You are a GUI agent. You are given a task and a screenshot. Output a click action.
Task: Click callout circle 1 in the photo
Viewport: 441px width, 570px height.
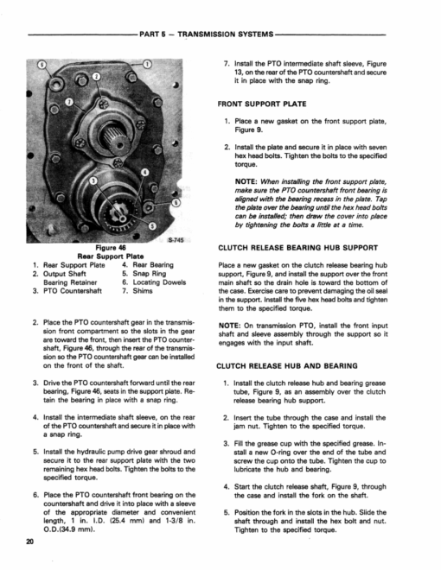(x=147, y=65)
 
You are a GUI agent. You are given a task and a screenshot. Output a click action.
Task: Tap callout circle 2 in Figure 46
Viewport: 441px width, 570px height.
(x=96, y=76)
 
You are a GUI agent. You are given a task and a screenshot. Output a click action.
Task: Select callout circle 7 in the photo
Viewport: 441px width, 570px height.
(x=69, y=102)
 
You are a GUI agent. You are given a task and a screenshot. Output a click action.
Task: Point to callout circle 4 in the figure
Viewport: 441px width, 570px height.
(x=144, y=172)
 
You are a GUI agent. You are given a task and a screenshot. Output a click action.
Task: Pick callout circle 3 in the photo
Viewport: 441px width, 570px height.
(x=93, y=180)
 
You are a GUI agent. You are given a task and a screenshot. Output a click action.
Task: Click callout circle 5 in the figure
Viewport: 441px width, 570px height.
(x=152, y=226)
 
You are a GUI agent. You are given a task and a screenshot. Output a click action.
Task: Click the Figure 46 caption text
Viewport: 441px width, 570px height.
(x=111, y=248)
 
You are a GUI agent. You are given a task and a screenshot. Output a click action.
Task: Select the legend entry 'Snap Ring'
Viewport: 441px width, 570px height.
(x=150, y=274)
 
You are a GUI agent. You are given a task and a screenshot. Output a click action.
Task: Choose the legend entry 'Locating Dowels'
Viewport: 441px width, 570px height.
(x=159, y=282)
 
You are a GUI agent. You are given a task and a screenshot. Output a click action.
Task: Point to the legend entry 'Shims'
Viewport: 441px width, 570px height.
(x=143, y=291)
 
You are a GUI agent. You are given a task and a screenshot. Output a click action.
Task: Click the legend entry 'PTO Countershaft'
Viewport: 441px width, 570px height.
(x=73, y=291)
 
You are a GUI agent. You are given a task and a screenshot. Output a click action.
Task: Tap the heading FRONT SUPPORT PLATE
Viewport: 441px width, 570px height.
(x=262, y=104)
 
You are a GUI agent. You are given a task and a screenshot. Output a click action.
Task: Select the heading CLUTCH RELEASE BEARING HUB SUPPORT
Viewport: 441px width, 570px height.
(x=298, y=248)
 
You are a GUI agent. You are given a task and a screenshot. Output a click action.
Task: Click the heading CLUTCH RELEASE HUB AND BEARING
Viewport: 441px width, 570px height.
(x=287, y=365)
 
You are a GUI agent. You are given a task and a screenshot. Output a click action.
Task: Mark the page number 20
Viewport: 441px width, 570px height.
(x=30, y=541)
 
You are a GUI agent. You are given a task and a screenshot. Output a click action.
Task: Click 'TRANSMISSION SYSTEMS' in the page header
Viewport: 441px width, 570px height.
(x=225, y=35)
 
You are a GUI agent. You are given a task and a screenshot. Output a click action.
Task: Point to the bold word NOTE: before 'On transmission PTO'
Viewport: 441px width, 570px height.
(x=229, y=326)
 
